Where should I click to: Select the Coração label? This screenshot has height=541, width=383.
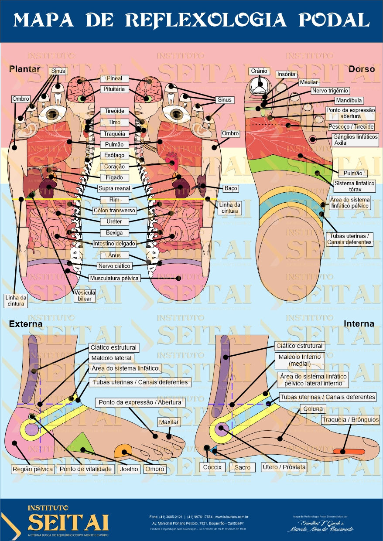115,167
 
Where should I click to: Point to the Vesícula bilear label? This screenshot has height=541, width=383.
85,296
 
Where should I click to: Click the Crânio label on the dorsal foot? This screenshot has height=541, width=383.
259,71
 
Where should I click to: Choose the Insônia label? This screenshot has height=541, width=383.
286,75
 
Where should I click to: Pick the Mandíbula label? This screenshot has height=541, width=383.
349,101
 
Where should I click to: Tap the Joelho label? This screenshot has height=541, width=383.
129,469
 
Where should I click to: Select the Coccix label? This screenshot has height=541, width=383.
212,467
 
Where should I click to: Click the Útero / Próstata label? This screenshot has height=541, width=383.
284,467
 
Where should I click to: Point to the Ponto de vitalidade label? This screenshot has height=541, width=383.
86,469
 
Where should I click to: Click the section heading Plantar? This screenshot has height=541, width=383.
24,69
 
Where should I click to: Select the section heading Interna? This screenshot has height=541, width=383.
359,324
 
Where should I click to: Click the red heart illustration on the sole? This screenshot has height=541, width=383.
171,162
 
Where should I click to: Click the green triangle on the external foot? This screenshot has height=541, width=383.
83,443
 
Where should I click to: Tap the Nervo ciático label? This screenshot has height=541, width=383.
114,266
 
